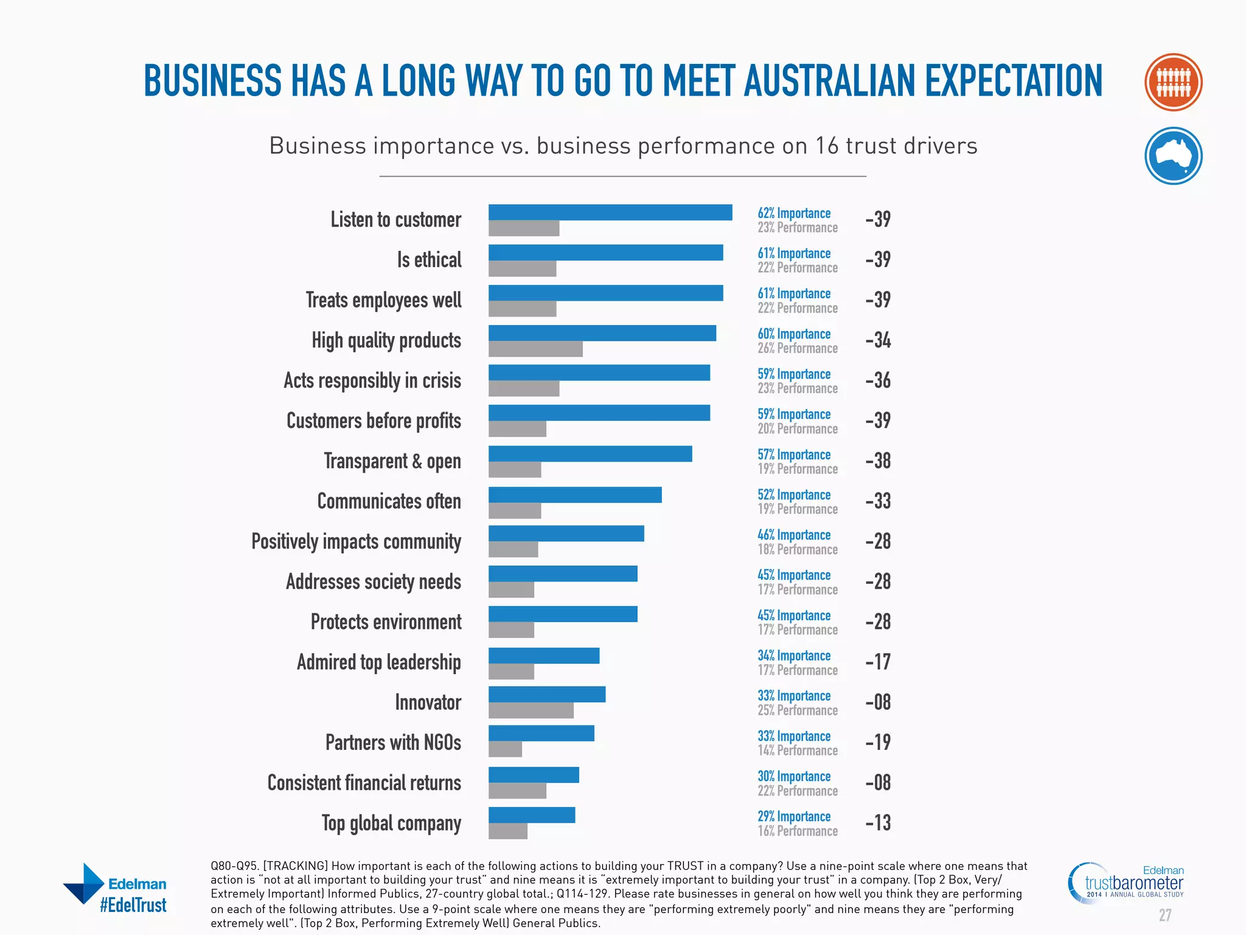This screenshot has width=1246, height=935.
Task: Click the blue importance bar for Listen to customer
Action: (x=610, y=212)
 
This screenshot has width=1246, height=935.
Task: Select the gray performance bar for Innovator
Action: (x=531, y=710)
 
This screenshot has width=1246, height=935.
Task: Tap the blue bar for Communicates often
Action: (x=575, y=495)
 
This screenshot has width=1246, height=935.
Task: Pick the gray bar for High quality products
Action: (x=535, y=349)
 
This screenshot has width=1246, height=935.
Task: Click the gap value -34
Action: (x=878, y=340)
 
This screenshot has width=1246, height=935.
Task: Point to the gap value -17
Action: (x=878, y=662)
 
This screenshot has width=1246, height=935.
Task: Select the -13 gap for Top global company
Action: (x=878, y=822)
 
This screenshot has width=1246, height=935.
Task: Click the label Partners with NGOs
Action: (x=393, y=743)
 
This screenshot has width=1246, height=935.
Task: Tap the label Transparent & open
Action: (x=392, y=461)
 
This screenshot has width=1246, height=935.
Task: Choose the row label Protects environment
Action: (x=386, y=622)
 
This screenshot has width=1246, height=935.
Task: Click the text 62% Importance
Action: (x=794, y=213)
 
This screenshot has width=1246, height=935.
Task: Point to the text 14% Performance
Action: (x=798, y=751)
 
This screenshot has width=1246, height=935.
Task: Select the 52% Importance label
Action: (x=794, y=495)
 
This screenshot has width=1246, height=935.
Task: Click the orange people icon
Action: (x=1173, y=82)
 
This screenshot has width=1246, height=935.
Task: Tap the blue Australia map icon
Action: (x=1173, y=156)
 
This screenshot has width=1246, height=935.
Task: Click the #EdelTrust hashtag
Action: (x=133, y=905)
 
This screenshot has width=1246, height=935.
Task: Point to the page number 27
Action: (x=1164, y=915)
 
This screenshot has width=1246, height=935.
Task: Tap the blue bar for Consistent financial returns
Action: (x=534, y=775)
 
